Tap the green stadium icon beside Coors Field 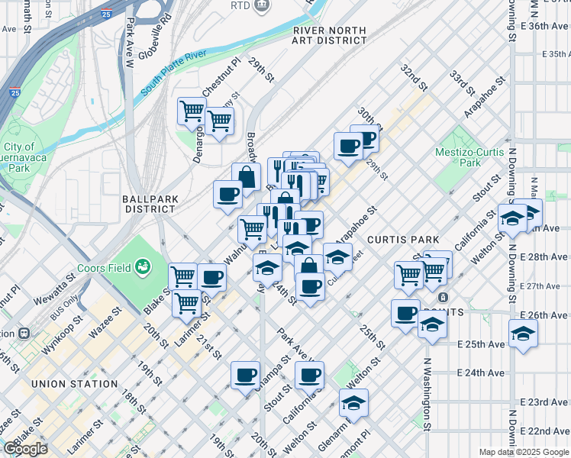[142, 266]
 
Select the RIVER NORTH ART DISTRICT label [330, 35]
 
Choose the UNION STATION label [75, 383]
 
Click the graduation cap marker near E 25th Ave [523, 333]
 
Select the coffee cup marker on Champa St [246, 375]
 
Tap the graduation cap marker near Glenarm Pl [353, 402]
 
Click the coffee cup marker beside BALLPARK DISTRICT [227, 194]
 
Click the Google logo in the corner [25, 449]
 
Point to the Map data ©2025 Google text [523, 452]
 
